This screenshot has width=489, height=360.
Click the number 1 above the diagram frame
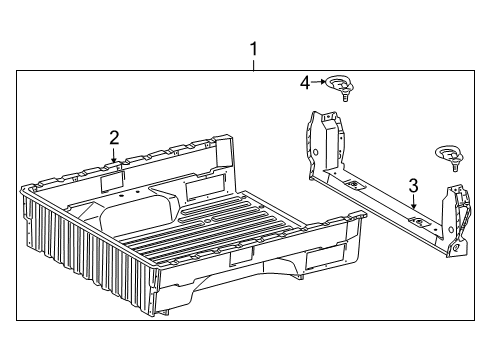coord(253,48)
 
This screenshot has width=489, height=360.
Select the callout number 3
coord(412,184)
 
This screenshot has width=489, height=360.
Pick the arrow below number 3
coord(413,202)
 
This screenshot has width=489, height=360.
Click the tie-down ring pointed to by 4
coord(342,85)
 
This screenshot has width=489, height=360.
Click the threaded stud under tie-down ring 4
coord(344,98)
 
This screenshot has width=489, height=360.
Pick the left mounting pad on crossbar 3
coord(352,186)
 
